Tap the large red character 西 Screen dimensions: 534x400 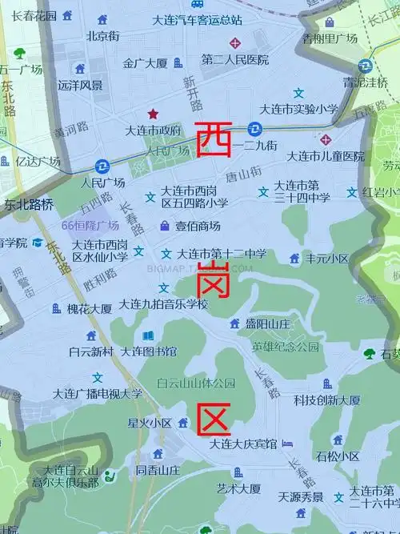pos(214,139)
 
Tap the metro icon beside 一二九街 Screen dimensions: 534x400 pos(254,128)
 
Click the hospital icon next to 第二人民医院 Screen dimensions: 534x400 pos(234,42)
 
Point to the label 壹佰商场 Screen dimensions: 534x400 pos(198,226)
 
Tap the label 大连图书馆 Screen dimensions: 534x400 pos(148,351)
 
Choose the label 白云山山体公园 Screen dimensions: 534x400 pos(196,383)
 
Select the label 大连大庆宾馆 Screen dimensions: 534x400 pos(243,444)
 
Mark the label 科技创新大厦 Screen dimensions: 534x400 pos(326,400)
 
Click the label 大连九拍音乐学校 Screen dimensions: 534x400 pos(163,304)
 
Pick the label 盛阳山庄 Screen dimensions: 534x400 pos(266,323)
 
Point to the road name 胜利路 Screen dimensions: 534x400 pos(99,279)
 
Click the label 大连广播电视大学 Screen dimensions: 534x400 pos(98,393)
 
